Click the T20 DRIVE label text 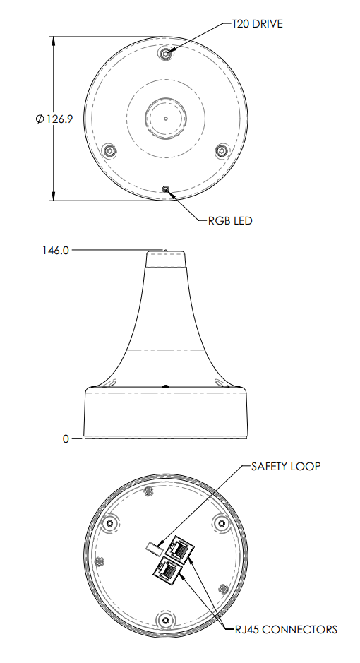[x=258, y=23]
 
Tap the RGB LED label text [x=229, y=220]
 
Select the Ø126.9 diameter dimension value [x=54, y=119]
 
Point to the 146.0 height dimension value [x=56, y=249]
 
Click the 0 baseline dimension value [x=66, y=438]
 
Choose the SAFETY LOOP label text [x=286, y=467]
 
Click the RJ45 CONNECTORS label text [x=286, y=629]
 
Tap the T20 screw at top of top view [x=165, y=54]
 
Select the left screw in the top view [x=109, y=151]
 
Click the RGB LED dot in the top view [x=165, y=189]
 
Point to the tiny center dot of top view [x=165, y=118]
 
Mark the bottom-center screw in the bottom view [x=165, y=619]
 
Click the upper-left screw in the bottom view [x=110, y=522]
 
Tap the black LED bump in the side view [x=165, y=386]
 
